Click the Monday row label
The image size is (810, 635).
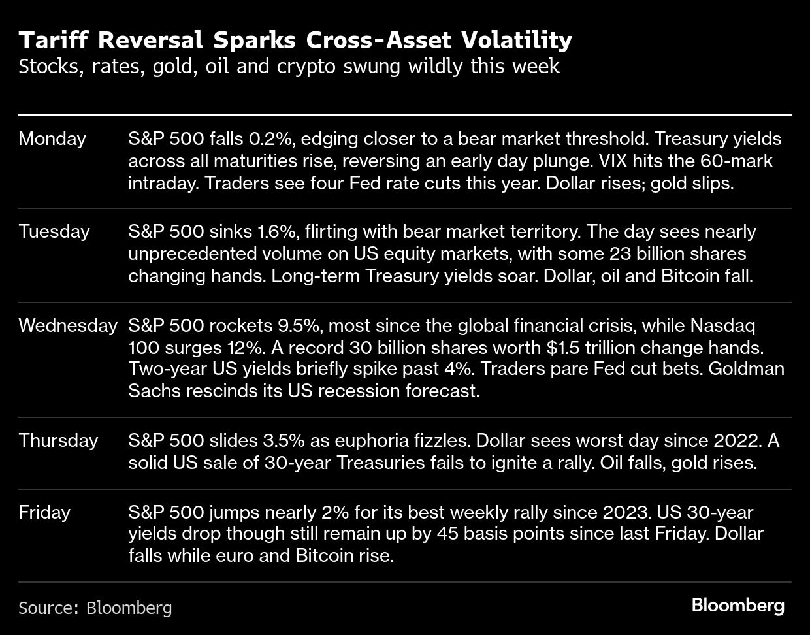click(52, 138)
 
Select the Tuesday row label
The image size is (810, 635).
click(54, 231)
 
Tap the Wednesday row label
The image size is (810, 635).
click(68, 325)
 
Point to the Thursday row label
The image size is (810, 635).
click(58, 440)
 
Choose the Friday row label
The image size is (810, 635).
click(44, 512)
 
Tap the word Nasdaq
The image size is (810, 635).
click(722, 325)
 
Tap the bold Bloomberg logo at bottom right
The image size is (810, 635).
click(738, 605)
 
